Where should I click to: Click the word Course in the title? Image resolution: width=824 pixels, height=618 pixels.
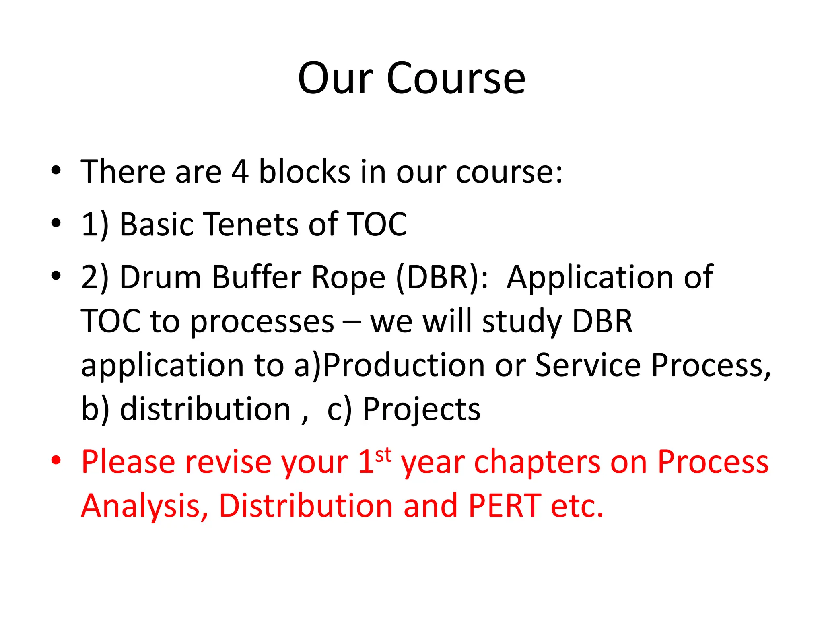pos(456,78)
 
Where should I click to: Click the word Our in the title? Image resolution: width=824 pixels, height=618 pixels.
pos(336,78)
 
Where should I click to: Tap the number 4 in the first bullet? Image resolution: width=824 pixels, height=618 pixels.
pos(240,172)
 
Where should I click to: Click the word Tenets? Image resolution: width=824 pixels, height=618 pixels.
pos(250,224)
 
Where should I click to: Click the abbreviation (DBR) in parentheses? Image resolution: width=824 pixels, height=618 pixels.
pos(442,278)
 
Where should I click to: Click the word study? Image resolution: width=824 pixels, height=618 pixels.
pos(522,322)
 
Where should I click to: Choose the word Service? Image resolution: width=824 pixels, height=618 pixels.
pos(588,365)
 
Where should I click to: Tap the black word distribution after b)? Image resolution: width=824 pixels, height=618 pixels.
pos(206,409)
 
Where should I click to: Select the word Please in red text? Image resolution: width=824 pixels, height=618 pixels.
pos(128,462)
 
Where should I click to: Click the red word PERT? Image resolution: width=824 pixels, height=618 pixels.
pos(505,506)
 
